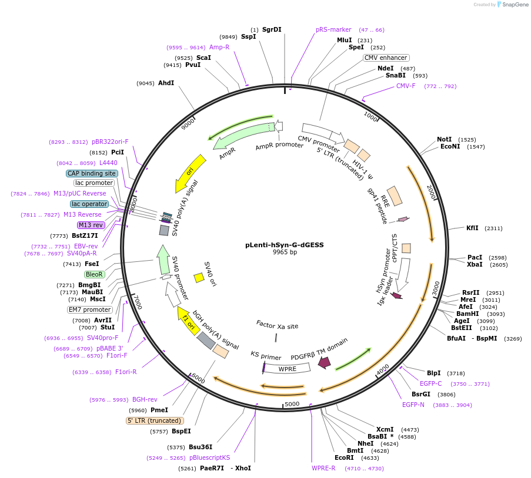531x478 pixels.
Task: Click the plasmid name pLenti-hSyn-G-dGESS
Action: [285, 245]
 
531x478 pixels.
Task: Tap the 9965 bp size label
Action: [285, 253]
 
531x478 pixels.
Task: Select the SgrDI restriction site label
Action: [272, 29]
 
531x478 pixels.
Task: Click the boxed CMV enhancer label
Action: [386, 58]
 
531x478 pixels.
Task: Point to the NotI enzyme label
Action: [445, 139]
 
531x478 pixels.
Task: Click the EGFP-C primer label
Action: [430, 383]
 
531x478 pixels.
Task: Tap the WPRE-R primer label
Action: [323, 468]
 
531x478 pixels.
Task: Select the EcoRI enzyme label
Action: [344, 457]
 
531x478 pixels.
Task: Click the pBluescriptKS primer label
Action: [210, 457]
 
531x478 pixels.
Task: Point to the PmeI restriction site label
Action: [159, 410]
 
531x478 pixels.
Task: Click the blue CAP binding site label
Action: [92, 173]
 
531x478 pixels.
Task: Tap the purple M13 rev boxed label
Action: [91, 225]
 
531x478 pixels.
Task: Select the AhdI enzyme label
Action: [166, 83]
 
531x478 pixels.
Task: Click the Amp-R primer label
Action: [219, 47]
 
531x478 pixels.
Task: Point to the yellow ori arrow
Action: [191, 173]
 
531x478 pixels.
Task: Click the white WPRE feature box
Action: [288, 369]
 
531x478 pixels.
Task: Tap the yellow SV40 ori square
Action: [199, 277]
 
